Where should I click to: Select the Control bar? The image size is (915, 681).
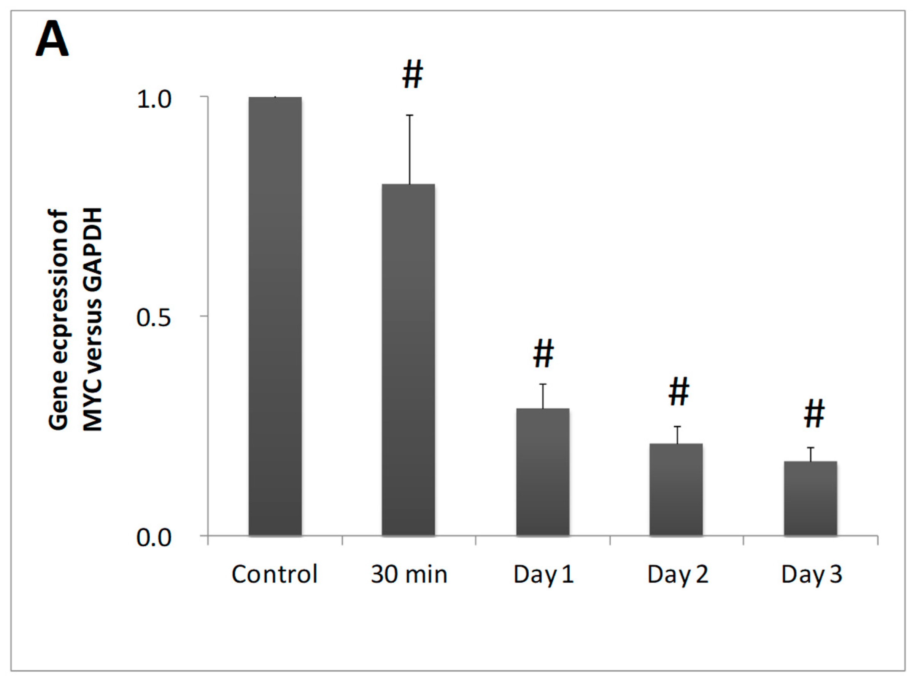click(x=275, y=316)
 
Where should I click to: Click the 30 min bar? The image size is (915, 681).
click(x=408, y=360)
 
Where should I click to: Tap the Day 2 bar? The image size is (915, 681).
click(x=676, y=489)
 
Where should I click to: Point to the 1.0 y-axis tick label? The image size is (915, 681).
click(x=154, y=100)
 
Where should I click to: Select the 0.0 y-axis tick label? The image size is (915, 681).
click(x=154, y=538)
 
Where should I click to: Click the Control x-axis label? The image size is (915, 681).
click(x=274, y=574)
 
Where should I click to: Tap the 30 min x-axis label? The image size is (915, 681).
click(x=409, y=574)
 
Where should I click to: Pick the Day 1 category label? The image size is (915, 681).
click(x=543, y=574)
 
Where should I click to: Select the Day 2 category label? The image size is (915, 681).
click(x=677, y=574)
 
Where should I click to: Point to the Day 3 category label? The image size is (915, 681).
click(x=811, y=574)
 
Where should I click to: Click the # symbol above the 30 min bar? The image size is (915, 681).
click(x=412, y=75)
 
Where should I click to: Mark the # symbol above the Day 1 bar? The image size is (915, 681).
click(x=543, y=354)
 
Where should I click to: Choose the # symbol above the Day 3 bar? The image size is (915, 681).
click(x=814, y=414)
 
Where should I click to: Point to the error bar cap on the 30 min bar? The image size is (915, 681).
click(x=410, y=115)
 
